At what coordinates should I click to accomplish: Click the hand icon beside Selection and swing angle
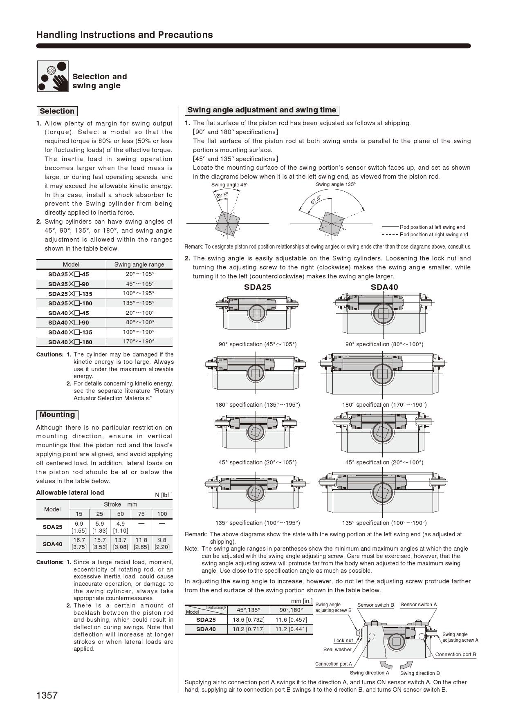53,76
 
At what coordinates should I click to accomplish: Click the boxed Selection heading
57,111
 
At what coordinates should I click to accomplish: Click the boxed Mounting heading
57,415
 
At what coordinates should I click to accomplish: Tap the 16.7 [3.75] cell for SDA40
79,543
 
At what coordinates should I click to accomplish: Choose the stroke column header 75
141,514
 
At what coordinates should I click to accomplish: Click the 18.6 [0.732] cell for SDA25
249,620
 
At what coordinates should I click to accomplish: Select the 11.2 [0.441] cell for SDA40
291,629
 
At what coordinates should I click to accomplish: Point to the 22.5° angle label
222,195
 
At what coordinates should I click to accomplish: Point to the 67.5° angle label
316,200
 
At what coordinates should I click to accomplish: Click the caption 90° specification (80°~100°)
384,344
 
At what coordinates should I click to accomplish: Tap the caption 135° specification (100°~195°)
258,523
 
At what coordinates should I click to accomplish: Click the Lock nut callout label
343,641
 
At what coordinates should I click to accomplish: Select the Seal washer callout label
337,650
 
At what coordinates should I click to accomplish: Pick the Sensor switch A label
419,605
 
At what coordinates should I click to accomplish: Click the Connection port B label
455,654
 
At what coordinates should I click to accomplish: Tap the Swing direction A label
369,673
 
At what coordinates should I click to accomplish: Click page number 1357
47,695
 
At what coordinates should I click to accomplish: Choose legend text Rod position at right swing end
433,235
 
